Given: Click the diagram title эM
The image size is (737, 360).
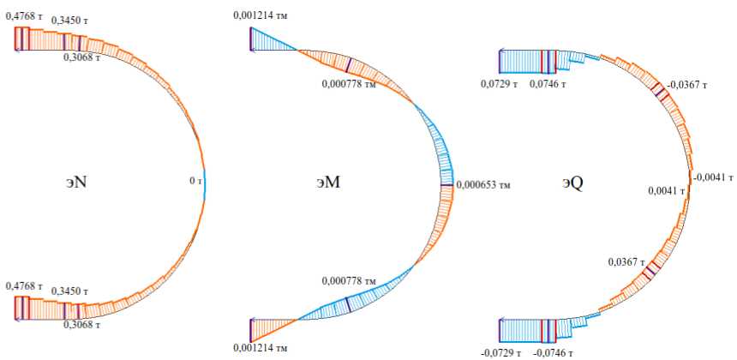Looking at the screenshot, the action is [x=327, y=183].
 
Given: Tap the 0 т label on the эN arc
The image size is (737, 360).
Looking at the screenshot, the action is [x=195, y=182].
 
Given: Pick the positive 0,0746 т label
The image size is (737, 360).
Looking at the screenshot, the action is [x=548, y=83].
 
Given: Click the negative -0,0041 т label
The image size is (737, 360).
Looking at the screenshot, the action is [x=713, y=177].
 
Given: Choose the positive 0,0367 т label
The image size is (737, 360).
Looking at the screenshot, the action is [x=626, y=261].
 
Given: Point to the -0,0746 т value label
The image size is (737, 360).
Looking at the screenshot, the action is [x=552, y=351].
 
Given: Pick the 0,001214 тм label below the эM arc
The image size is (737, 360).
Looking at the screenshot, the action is [x=262, y=347].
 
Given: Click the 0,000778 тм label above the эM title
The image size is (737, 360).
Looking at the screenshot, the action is [x=349, y=84].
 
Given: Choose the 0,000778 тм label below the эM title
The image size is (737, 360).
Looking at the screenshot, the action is [x=349, y=280].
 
